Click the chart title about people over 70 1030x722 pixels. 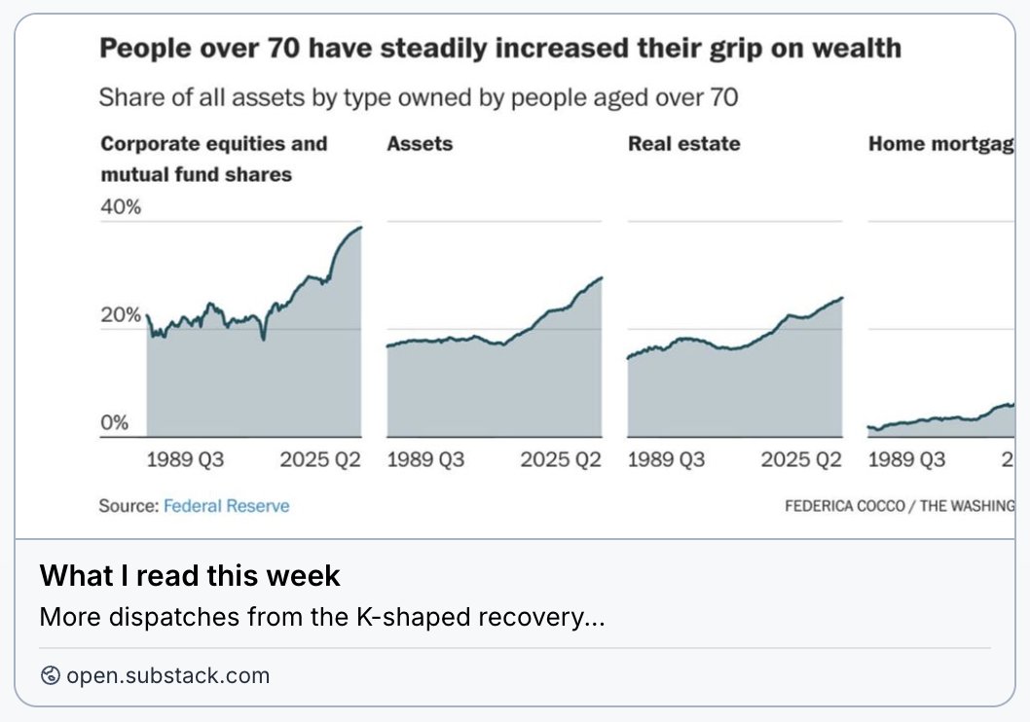(x=500, y=49)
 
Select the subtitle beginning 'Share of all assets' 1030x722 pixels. (x=419, y=97)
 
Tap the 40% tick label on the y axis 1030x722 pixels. (x=122, y=207)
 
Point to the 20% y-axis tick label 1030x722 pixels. (x=122, y=315)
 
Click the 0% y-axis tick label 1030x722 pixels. (x=115, y=423)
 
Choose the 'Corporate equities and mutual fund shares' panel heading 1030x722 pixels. (x=214, y=159)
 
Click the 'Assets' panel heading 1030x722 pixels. (x=420, y=144)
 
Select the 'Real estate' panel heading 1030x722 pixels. (x=683, y=144)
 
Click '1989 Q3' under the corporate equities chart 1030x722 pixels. (x=185, y=459)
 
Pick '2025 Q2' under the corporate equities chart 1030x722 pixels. (x=320, y=459)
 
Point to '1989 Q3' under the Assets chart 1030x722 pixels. (x=425, y=459)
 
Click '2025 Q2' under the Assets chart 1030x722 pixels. (x=561, y=459)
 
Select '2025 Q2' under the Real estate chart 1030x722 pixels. (x=801, y=459)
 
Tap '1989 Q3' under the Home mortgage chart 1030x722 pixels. (x=906, y=459)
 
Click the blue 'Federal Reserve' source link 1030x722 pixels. (x=226, y=506)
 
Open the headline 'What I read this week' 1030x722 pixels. (x=190, y=575)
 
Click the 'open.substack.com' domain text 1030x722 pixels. (x=167, y=675)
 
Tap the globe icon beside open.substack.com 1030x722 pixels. (x=51, y=675)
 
